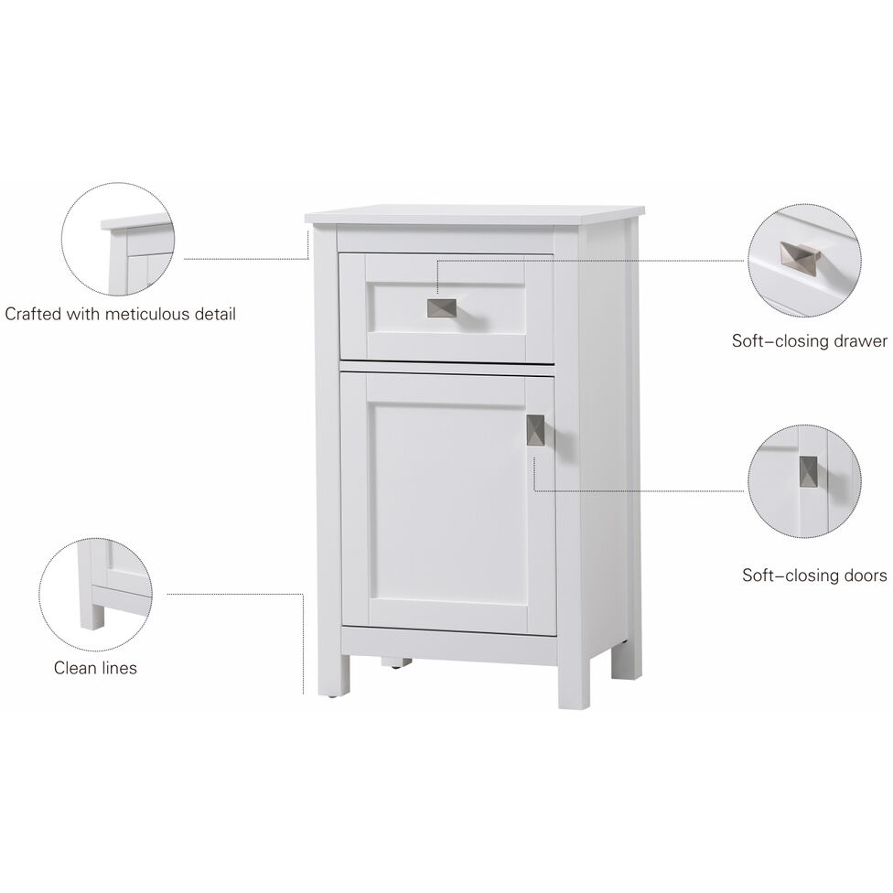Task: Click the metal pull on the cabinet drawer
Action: pyautogui.click(x=442, y=308)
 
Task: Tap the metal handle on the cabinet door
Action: pyautogui.click(x=535, y=430)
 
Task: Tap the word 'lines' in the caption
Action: pyautogui.click(x=118, y=668)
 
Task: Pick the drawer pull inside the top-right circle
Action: pyautogui.click(x=800, y=258)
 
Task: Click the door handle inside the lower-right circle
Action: pyautogui.click(x=809, y=472)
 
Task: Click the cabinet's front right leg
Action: pyautogui.click(x=574, y=682)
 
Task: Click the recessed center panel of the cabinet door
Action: pyautogui.click(x=446, y=501)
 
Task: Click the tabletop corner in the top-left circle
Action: pyautogui.click(x=137, y=222)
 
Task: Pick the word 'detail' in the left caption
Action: pyautogui.click(x=213, y=314)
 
